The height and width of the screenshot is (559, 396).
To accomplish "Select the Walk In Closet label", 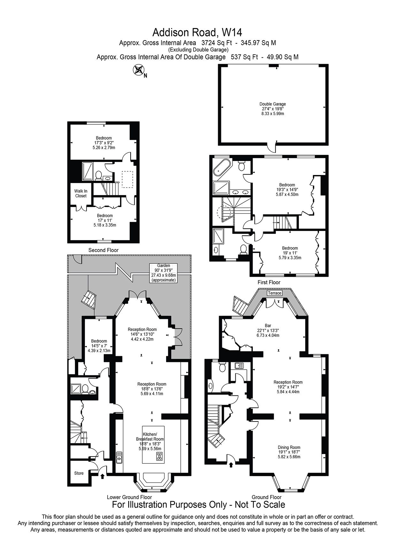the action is click(81, 194).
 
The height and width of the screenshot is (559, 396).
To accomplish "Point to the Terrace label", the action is click(275, 293).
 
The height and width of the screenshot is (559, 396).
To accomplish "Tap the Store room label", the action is click(79, 473).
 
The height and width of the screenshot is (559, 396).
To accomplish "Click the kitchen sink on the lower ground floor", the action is click(119, 457).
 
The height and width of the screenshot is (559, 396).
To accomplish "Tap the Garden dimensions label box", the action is click(164, 273).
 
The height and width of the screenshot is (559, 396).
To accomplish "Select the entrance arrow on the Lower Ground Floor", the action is click(102, 476).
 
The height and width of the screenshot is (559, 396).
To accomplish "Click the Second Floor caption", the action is click(103, 250).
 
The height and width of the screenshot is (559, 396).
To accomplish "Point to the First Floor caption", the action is click(269, 282).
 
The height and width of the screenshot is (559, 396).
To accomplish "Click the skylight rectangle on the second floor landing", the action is click(128, 180).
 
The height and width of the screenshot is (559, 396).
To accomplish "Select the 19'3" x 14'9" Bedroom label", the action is click(287, 189).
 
